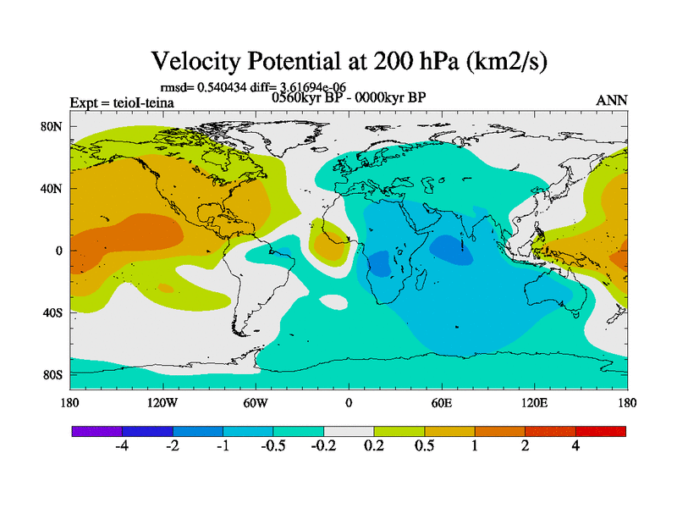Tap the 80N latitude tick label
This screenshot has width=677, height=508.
pyautogui.click(x=53, y=127)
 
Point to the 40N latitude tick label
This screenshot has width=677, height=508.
pyautogui.click(x=53, y=189)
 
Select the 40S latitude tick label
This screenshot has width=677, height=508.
pyautogui.click(x=53, y=313)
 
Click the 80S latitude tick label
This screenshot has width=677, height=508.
pyautogui.click(x=53, y=375)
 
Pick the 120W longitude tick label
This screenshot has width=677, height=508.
pyautogui.click(x=162, y=402)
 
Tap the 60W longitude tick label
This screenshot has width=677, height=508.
pyautogui.click(x=256, y=402)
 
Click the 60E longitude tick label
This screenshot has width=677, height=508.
pyautogui.click(x=442, y=402)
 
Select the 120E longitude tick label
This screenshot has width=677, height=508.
pyautogui.click(x=535, y=402)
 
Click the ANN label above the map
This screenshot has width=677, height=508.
pyautogui.click(x=612, y=100)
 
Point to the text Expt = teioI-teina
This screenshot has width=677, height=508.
pyautogui.click(x=122, y=103)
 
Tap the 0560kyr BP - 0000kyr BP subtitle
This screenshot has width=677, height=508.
pyautogui.click(x=348, y=97)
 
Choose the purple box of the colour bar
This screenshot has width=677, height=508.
pyautogui.click(x=96, y=431)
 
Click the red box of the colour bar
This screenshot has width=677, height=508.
pyautogui.click(x=601, y=431)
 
